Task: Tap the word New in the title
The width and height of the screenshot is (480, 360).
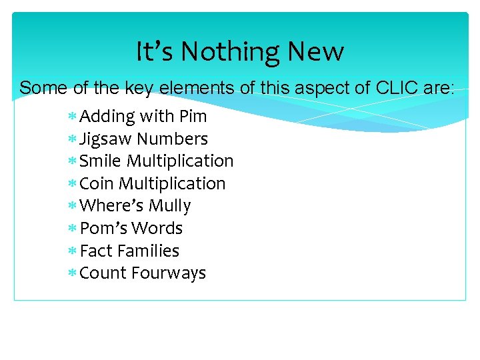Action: (319, 51)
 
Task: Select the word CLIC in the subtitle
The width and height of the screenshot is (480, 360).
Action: (397, 87)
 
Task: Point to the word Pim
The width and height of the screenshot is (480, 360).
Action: (193, 117)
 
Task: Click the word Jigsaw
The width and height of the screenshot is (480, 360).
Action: (105, 139)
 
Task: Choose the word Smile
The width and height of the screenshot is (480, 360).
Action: (101, 161)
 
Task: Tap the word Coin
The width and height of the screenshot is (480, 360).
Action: (97, 183)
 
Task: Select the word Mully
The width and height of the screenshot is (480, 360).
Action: (170, 206)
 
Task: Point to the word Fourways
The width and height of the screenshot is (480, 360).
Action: (169, 273)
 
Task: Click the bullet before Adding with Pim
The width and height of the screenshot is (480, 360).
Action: (72, 117)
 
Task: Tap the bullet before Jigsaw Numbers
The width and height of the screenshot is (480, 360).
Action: (72, 140)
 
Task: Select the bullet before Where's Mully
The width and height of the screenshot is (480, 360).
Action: (72, 207)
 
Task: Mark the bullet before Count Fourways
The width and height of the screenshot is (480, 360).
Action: (72, 274)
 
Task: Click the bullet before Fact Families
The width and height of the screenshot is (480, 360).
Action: (72, 251)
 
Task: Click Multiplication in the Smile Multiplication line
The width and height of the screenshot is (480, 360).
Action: (180, 161)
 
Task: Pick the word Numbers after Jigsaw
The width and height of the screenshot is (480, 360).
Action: (172, 139)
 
